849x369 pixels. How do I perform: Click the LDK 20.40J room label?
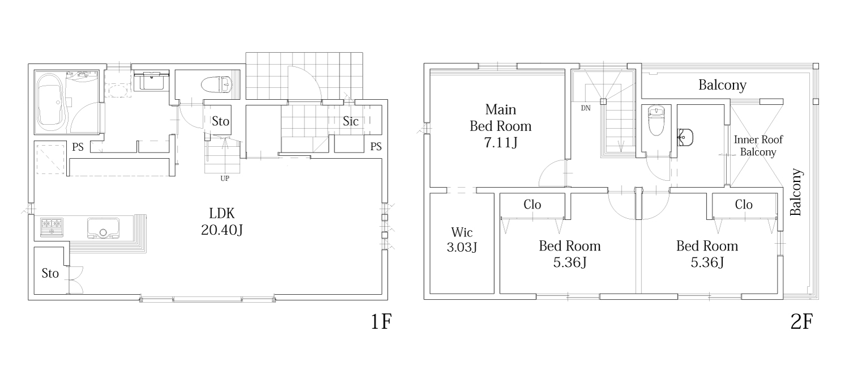click(222, 222)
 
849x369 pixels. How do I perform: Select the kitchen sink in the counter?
click(103, 228)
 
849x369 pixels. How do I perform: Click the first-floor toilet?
click(217, 84)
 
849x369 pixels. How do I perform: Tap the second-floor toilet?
click(655, 120)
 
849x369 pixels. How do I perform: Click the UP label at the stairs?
click(225, 178)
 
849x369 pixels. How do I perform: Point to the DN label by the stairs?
click(586, 108)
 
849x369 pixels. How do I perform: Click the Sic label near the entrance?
click(350, 121)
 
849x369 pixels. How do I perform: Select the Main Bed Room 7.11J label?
click(500, 126)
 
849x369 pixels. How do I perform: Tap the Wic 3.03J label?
click(462, 240)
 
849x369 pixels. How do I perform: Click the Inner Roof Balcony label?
click(758, 146)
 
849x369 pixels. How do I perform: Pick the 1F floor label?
click(380, 322)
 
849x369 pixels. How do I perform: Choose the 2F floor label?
click(801, 322)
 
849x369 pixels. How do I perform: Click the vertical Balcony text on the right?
click(796, 192)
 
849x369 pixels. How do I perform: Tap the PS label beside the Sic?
click(376, 147)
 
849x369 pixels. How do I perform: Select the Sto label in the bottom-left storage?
click(50, 273)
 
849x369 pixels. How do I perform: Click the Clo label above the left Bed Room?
click(532, 205)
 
